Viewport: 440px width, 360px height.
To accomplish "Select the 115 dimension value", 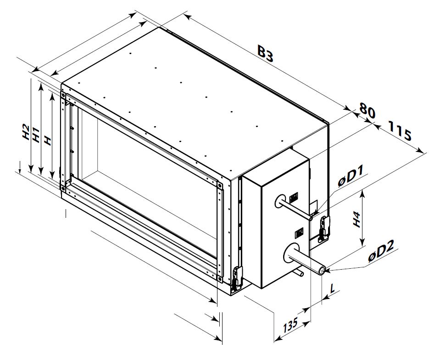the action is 400,130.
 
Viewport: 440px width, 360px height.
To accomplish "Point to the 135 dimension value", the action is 290,325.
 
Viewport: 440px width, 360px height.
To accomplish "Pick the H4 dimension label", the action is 356,219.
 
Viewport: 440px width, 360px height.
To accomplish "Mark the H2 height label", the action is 26,132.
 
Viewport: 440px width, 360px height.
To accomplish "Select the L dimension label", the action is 333,288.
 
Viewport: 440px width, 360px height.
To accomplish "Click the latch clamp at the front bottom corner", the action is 237,277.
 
